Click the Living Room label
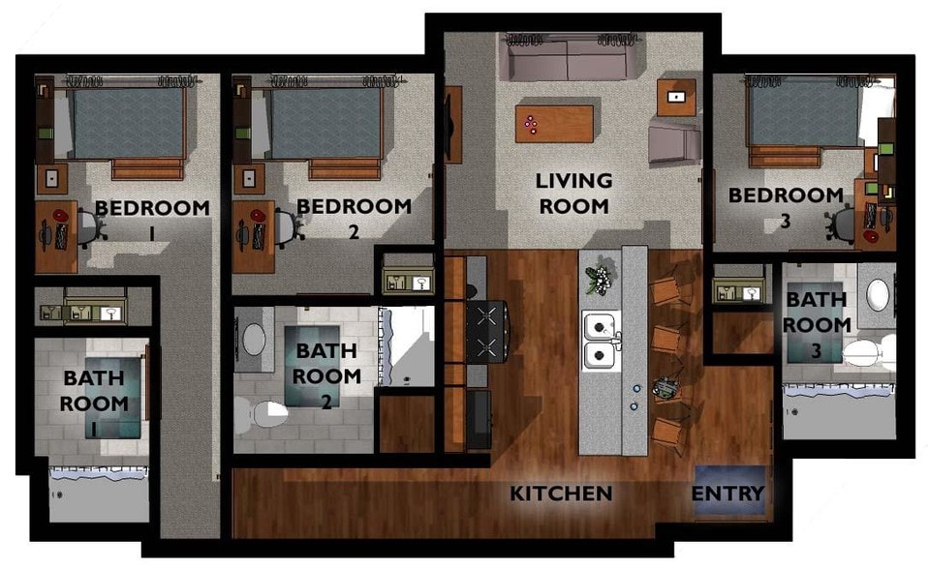click(x=573, y=193)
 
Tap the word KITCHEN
click(x=561, y=494)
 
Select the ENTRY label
click(x=727, y=494)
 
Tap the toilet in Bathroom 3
click(x=865, y=353)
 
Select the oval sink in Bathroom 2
click(x=255, y=339)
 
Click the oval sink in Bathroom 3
click(x=878, y=294)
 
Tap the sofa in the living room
click(x=572, y=59)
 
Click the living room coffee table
click(x=553, y=123)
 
